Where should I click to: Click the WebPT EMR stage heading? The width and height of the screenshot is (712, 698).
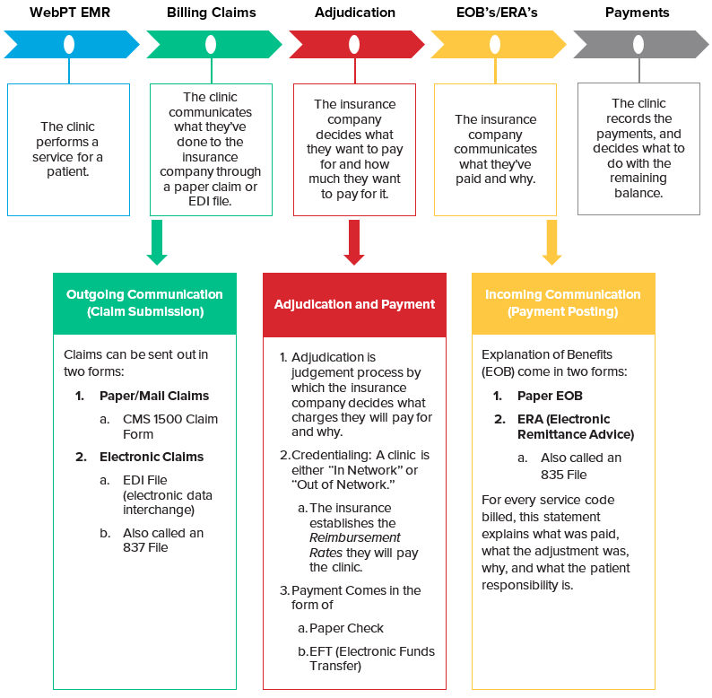pyautogui.click(x=68, y=13)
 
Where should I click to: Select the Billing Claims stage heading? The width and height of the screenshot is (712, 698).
pyautogui.click(x=211, y=13)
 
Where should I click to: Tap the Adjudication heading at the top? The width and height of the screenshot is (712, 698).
pyautogui.click(x=354, y=13)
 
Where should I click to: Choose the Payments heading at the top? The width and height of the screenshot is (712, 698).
pyautogui.click(x=637, y=13)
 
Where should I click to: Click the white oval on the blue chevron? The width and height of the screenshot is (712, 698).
pyautogui.click(x=69, y=44)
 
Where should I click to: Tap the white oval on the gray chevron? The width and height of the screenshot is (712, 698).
pyautogui.click(x=638, y=44)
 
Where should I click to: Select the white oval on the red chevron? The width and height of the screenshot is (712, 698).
pyautogui.click(x=354, y=44)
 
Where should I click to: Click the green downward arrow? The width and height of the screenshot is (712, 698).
pyautogui.click(x=157, y=243)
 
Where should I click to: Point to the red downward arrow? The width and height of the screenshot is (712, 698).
pyautogui.click(x=354, y=243)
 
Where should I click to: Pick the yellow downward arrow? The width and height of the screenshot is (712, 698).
pyautogui.click(x=551, y=243)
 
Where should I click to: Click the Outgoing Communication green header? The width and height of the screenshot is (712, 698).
pyautogui.click(x=144, y=303)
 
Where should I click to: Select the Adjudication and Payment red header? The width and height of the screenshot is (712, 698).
pyautogui.click(x=354, y=304)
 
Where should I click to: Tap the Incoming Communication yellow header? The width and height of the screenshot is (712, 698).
pyautogui.click(x=563, y=303)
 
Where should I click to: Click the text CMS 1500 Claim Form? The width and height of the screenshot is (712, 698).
pyautogui.click(x=170, y=426)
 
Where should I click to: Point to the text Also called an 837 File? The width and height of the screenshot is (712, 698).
pyautogui.click(x=163, y=540)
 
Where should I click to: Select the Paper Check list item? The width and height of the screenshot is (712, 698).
pyautogui.click(x=346, y=628)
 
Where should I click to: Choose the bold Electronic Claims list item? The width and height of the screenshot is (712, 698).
pyautogui.click(x=152, y=457)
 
